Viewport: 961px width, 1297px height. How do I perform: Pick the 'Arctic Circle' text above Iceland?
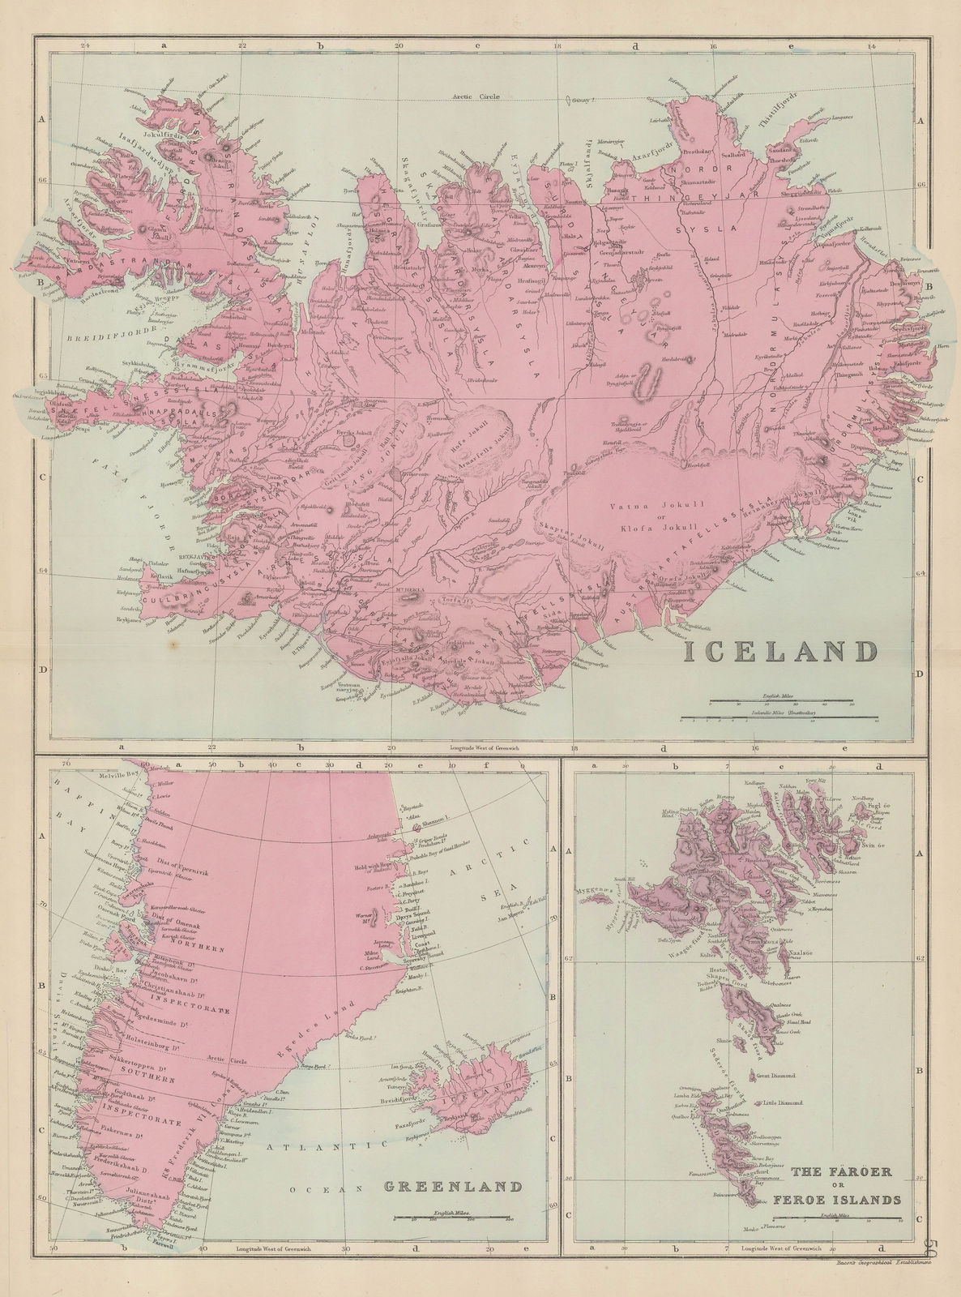(x=477, y=96)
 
